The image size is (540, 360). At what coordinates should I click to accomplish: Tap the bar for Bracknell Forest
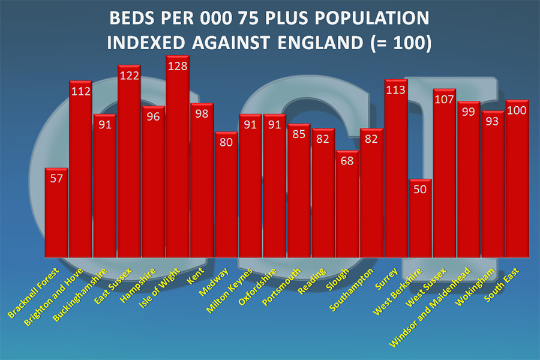(x=56, y=213)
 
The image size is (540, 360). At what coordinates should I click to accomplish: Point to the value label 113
(x=396, y=91)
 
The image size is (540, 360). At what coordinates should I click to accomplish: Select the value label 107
(x=445, y=100)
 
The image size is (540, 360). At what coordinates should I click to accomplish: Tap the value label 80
(x=226, y=143)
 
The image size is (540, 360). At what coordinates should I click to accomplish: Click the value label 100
(x=517, y=111)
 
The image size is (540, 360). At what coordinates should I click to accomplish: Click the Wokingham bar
(x=493, y=184)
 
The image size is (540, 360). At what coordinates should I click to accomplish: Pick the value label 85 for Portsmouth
(x=299, y=135)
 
